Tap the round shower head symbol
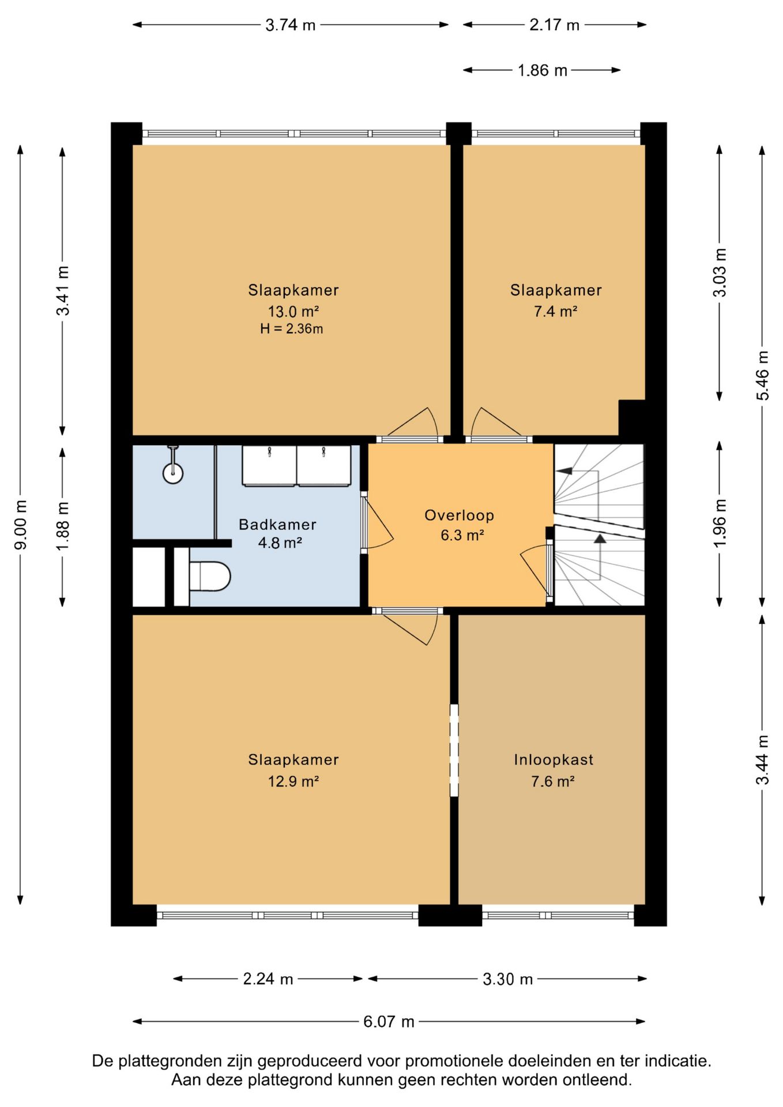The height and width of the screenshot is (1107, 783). (x=173, y=473)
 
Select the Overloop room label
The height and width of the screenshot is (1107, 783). (x=460, y=515)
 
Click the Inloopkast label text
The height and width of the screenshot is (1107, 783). (x=554, y=759)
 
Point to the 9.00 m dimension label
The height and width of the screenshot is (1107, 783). (x=21, y=525)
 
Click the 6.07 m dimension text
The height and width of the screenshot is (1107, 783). (x=389, y=1022)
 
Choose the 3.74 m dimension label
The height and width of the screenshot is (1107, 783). (x=290, y=25)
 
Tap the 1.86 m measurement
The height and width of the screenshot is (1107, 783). (x=543, y=70)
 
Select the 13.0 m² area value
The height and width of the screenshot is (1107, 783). (x=293, y=311)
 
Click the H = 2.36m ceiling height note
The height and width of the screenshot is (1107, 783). (x=291, y=329)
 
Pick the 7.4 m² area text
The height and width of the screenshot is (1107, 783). (x=556, y=311)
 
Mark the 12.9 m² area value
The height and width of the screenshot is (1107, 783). (x=293, y=781)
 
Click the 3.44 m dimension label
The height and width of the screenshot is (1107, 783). (x=762, y=759)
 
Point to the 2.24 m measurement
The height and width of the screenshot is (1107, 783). (x=268, y=979)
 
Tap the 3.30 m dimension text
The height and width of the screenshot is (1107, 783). (x=507, y=979)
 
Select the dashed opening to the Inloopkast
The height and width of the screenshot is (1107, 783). (x=454, y=750)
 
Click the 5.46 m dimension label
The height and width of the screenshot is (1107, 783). (x=762, y=375)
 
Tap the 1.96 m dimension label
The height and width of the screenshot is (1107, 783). (x=720, y=524)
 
